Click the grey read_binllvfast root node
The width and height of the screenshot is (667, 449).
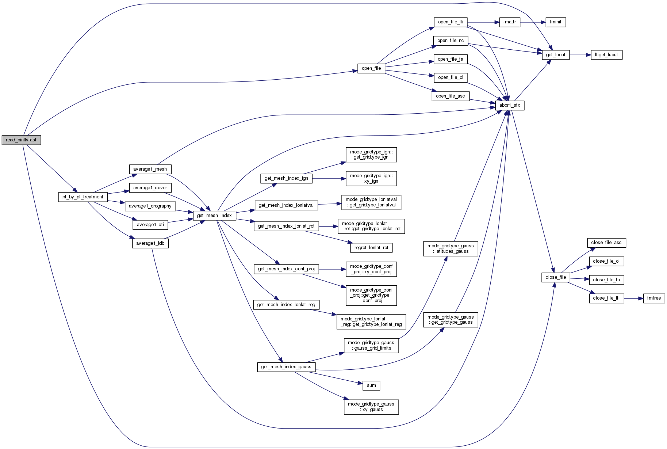[x=21, y=140]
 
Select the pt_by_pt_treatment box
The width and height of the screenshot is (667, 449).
[x=83, y=197]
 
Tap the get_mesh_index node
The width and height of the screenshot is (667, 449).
[x=214, y=216]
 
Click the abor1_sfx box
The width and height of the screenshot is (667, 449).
[x=510, y=105]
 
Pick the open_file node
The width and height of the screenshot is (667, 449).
[x=371, y=68]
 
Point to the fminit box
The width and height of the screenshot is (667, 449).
[x=555, y=22]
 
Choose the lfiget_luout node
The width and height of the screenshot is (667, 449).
[x=606, y=55]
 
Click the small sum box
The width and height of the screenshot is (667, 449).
[x=371, y=385]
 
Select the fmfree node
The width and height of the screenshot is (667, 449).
[x=654, y=298]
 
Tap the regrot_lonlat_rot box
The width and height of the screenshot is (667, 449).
[x=371, y=248]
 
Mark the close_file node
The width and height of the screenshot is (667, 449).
[x=556, y=277]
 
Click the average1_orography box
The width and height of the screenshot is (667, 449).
[x=150, y=206]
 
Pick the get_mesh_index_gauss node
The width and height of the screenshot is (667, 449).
[x=286, y=367]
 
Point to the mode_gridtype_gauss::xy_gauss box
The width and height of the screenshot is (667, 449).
[x=371, y=407]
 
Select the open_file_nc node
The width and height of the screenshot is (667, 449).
[x=451, y=41]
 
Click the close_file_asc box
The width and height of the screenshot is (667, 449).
[x=606, y=243]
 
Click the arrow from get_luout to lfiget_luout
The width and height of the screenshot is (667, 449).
[x=580, y=55]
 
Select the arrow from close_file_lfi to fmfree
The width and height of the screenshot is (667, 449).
[x=633, y=298]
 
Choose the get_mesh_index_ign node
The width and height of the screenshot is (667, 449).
[x=286, y=178]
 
